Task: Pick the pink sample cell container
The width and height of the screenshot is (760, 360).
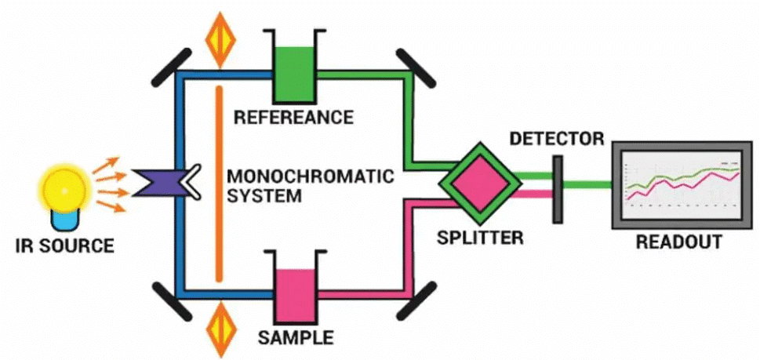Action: pos(293,293)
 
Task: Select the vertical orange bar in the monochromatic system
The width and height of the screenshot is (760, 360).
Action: pos(220,184)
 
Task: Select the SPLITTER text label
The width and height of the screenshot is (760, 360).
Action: pos(480,236)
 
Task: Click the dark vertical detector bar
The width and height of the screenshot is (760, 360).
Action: pos(558,188)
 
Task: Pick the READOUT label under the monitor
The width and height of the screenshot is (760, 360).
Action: pos(678,242)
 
